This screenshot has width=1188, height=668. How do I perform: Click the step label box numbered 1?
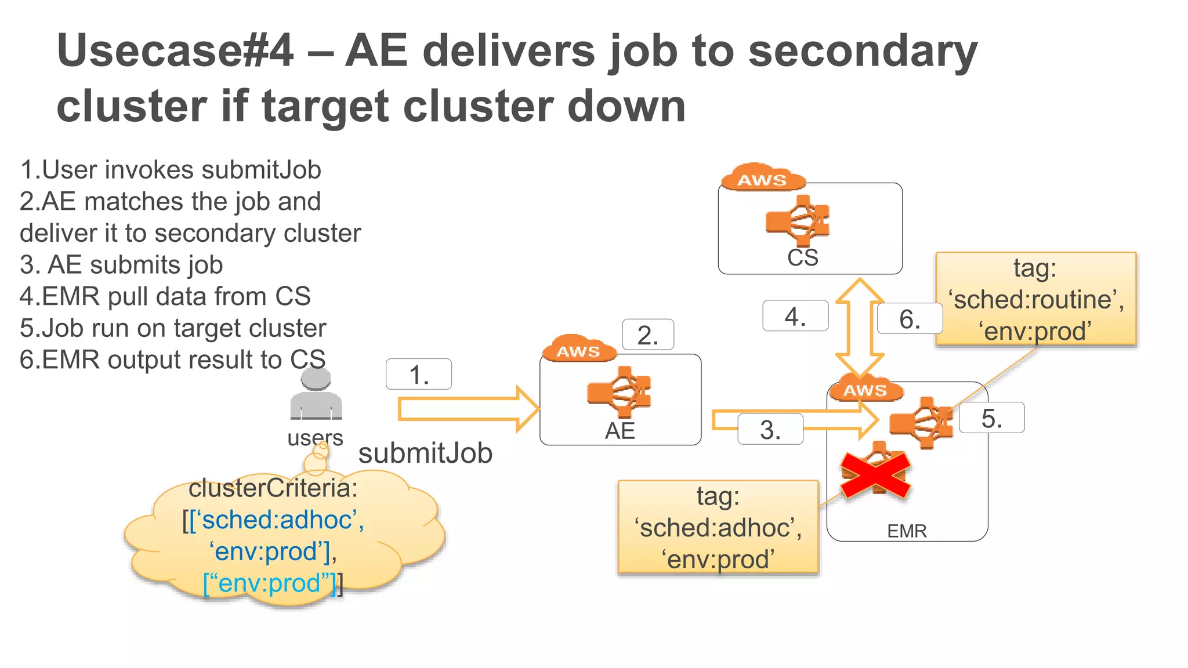[x=418, y=375]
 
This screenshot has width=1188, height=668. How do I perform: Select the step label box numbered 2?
[x=647, y=335]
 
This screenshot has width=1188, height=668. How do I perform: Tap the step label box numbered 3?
[x=770, y=430]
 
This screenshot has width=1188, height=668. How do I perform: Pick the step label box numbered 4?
[x=795, y=316]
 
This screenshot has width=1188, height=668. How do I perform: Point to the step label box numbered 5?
[x=991, y=418]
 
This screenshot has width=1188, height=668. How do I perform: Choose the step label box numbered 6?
[x=909, y=319]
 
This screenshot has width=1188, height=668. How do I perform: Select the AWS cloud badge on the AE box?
[x=578, y=350]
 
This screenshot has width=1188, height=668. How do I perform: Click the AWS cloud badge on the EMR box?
[x=865, y=389]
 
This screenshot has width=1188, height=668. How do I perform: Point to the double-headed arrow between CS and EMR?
[x=860, y=328]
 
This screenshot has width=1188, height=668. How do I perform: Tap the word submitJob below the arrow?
[x=425, y=453]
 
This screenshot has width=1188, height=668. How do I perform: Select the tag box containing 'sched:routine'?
[x=1035, y=299]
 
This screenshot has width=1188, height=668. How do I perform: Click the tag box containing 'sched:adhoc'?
[x=718, y=527]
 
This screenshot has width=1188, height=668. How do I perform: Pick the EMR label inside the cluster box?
[x=907, y=531]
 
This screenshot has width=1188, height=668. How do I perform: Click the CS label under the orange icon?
[x=802, y=257]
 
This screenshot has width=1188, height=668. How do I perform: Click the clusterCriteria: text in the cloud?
[x=273, y=488]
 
